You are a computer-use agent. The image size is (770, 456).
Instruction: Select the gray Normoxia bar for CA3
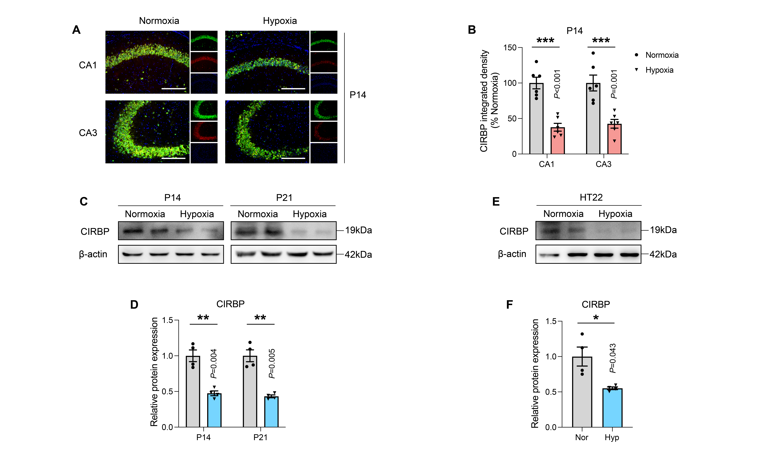click(x=593, y=118)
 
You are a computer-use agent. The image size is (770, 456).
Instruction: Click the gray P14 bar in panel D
click(x=193, y=392)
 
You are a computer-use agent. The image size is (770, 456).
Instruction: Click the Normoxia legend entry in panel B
click(x=657, y=55)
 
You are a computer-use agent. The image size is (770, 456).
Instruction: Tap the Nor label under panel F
click(x=581, y=437)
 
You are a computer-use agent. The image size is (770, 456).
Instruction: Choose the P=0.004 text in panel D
click(x=213, y=364)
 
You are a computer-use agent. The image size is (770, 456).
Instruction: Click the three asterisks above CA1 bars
click(x=546, y=40)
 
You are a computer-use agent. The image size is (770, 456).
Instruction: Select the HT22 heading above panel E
click(x=591, y=197)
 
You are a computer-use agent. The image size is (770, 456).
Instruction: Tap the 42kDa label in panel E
click(x=663, y=254)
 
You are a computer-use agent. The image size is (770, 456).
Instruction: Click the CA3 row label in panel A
click(x=88, y=133)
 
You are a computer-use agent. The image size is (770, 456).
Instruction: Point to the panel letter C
click(x=84, y=202)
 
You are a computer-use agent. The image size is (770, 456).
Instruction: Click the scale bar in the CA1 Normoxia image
click(x=174, y=88)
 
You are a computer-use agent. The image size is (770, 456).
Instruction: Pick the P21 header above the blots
click(x=284, y=198)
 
